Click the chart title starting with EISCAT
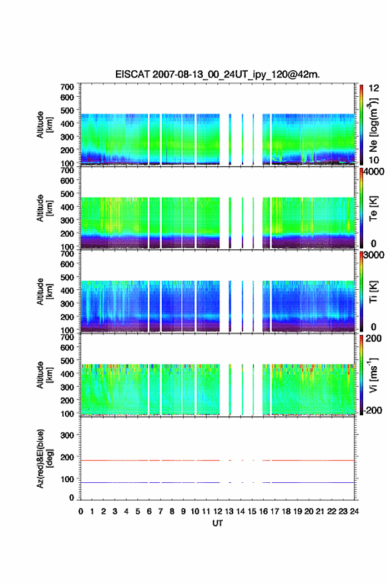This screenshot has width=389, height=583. (217, 74)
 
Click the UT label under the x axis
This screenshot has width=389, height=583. (217, 523)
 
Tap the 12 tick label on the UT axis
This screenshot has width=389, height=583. (217, 511)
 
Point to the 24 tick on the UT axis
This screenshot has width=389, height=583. (354, 511)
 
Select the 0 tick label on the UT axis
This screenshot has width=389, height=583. (81, 511)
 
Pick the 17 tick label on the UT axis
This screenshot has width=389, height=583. (274, 511)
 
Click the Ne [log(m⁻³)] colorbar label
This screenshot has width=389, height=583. (373, 125)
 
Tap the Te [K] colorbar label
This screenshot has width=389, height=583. (373, 208)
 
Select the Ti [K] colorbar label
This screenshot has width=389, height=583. (373, 292)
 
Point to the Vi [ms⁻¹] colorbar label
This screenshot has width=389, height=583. (373, 375)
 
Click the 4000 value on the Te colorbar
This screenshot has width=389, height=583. (374, 172)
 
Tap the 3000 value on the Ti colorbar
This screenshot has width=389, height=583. (374, 255)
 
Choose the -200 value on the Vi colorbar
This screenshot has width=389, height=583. (373, 410)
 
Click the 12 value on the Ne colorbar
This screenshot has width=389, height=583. (374, 88)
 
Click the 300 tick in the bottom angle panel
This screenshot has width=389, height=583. (67, 435)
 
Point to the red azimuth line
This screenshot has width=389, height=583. (217, 460)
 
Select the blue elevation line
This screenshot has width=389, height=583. (217, 482)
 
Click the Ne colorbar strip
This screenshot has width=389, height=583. (361, 125)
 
